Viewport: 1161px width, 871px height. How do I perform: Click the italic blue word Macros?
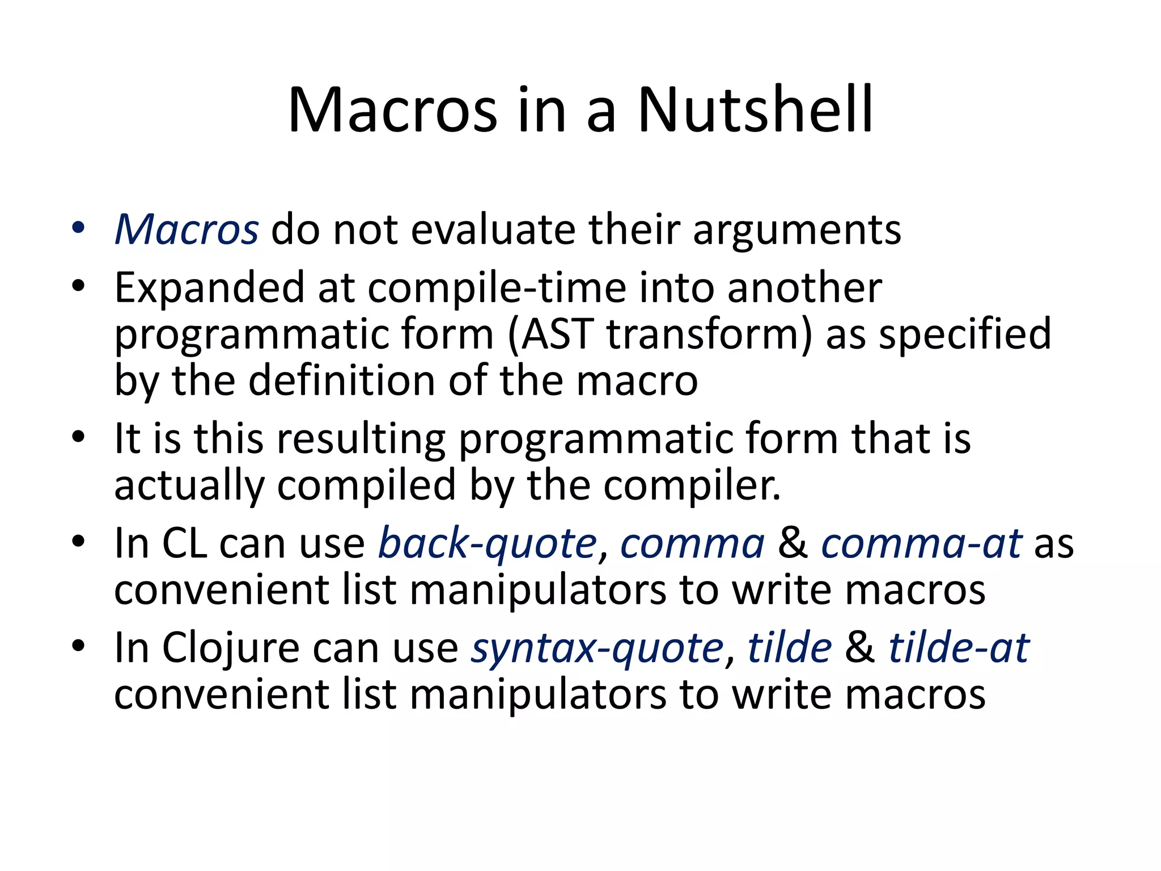[x=187, y=230]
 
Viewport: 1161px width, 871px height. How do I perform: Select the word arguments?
[x=796, y=231]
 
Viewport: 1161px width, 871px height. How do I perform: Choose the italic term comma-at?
[x=921, y=543]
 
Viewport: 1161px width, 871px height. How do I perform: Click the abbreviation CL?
[x=184, y=543]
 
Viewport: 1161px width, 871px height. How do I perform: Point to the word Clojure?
[x=231, y=648]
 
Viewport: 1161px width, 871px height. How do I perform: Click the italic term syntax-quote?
[x=598, y=649]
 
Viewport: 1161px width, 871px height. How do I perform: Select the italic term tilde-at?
[x=958, y=648]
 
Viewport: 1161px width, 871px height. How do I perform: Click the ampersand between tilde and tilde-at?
[x=859, y=648]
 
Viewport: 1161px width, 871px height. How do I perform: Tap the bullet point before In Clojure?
[x=78, y=645]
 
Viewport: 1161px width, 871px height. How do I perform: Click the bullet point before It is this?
[x=78, y=437]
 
